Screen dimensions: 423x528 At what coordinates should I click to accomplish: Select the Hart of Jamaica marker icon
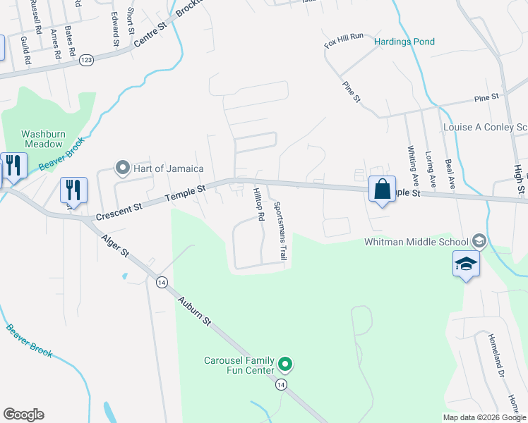(x=123, y=168)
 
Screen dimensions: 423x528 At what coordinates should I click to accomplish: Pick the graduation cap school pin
(x=466, y=264)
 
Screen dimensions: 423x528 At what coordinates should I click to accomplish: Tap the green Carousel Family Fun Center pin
(x=285, y=364)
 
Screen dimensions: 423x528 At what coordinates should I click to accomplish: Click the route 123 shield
(x=87, y=59)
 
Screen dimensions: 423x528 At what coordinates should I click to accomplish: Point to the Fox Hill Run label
(x=343, y=41)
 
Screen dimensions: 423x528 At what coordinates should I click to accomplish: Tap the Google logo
(x=23, y=415)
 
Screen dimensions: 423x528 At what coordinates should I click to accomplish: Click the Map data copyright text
(x=484, y=417)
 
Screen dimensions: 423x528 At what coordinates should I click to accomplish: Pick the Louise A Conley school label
(x=484, y=128)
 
